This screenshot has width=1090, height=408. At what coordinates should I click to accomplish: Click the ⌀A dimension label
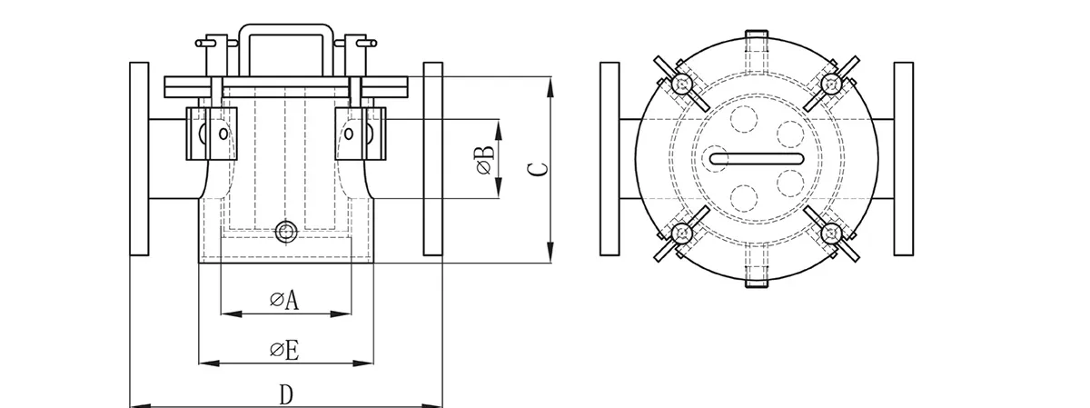(x=284, y=301)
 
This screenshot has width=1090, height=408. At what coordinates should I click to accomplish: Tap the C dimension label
(x=537, y=169)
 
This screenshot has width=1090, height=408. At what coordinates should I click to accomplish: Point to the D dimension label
(x=285, y=394)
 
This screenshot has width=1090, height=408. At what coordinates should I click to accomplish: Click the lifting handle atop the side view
(x=285, y=45)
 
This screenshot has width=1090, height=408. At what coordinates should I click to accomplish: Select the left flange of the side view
(x=139, y=159)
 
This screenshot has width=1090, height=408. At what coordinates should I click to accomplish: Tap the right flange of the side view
(x=433, y=159)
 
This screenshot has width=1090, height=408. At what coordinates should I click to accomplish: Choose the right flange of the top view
(x=903, y=159)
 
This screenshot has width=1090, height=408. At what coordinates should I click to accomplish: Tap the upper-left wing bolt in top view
(x=679, y=84)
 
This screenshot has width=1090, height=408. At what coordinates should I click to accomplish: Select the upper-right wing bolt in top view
(x=829, y=84)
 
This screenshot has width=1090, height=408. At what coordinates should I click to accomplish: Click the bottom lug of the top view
(x=757, y=277)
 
